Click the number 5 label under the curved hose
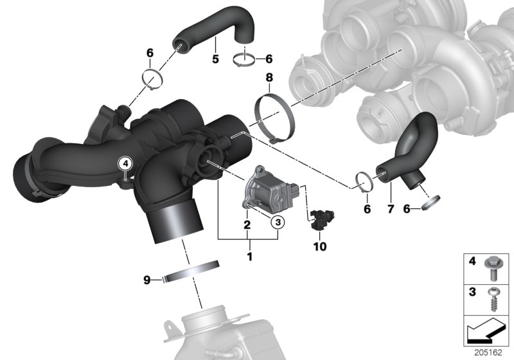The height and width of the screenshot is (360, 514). click(215, 59)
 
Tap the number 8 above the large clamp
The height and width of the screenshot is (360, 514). click(270, 78)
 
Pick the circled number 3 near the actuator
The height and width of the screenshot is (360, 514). click(277, 222)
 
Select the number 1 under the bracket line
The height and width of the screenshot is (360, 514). click(249, 256)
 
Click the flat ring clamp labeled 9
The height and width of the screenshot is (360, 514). click(191, 272)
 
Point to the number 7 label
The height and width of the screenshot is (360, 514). click(391, 210)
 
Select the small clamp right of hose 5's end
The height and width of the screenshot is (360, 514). click(246, 60)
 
